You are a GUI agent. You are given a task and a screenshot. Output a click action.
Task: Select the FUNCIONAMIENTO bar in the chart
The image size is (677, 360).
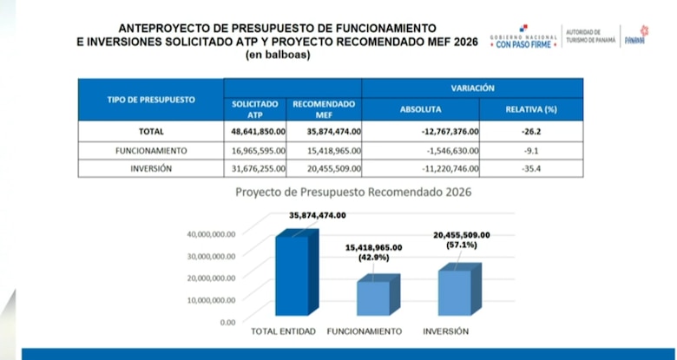(x=373, y=298)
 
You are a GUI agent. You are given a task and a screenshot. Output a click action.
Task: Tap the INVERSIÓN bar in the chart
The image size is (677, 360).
(x=456, y=293)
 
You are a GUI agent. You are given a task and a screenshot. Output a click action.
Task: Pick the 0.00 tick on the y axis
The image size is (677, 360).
(x=227, y=322)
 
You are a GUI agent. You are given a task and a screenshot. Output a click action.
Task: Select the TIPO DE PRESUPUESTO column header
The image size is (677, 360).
(x=150, y=100)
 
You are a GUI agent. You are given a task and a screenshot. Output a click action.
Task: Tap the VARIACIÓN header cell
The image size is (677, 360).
(x=472, y=88)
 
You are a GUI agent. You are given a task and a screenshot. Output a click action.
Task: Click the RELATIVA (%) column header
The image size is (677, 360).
(x=530, y=110)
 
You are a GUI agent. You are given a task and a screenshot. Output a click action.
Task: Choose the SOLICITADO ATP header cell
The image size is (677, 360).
(x=254, y=109)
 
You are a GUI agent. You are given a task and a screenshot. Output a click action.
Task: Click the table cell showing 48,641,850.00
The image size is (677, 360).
(x=254, y=132)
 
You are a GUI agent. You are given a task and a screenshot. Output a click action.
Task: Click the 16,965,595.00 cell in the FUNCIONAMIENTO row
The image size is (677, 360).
(x=254, y=150)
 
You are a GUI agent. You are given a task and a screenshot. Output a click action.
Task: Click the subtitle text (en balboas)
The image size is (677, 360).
(x=277, y=55)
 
